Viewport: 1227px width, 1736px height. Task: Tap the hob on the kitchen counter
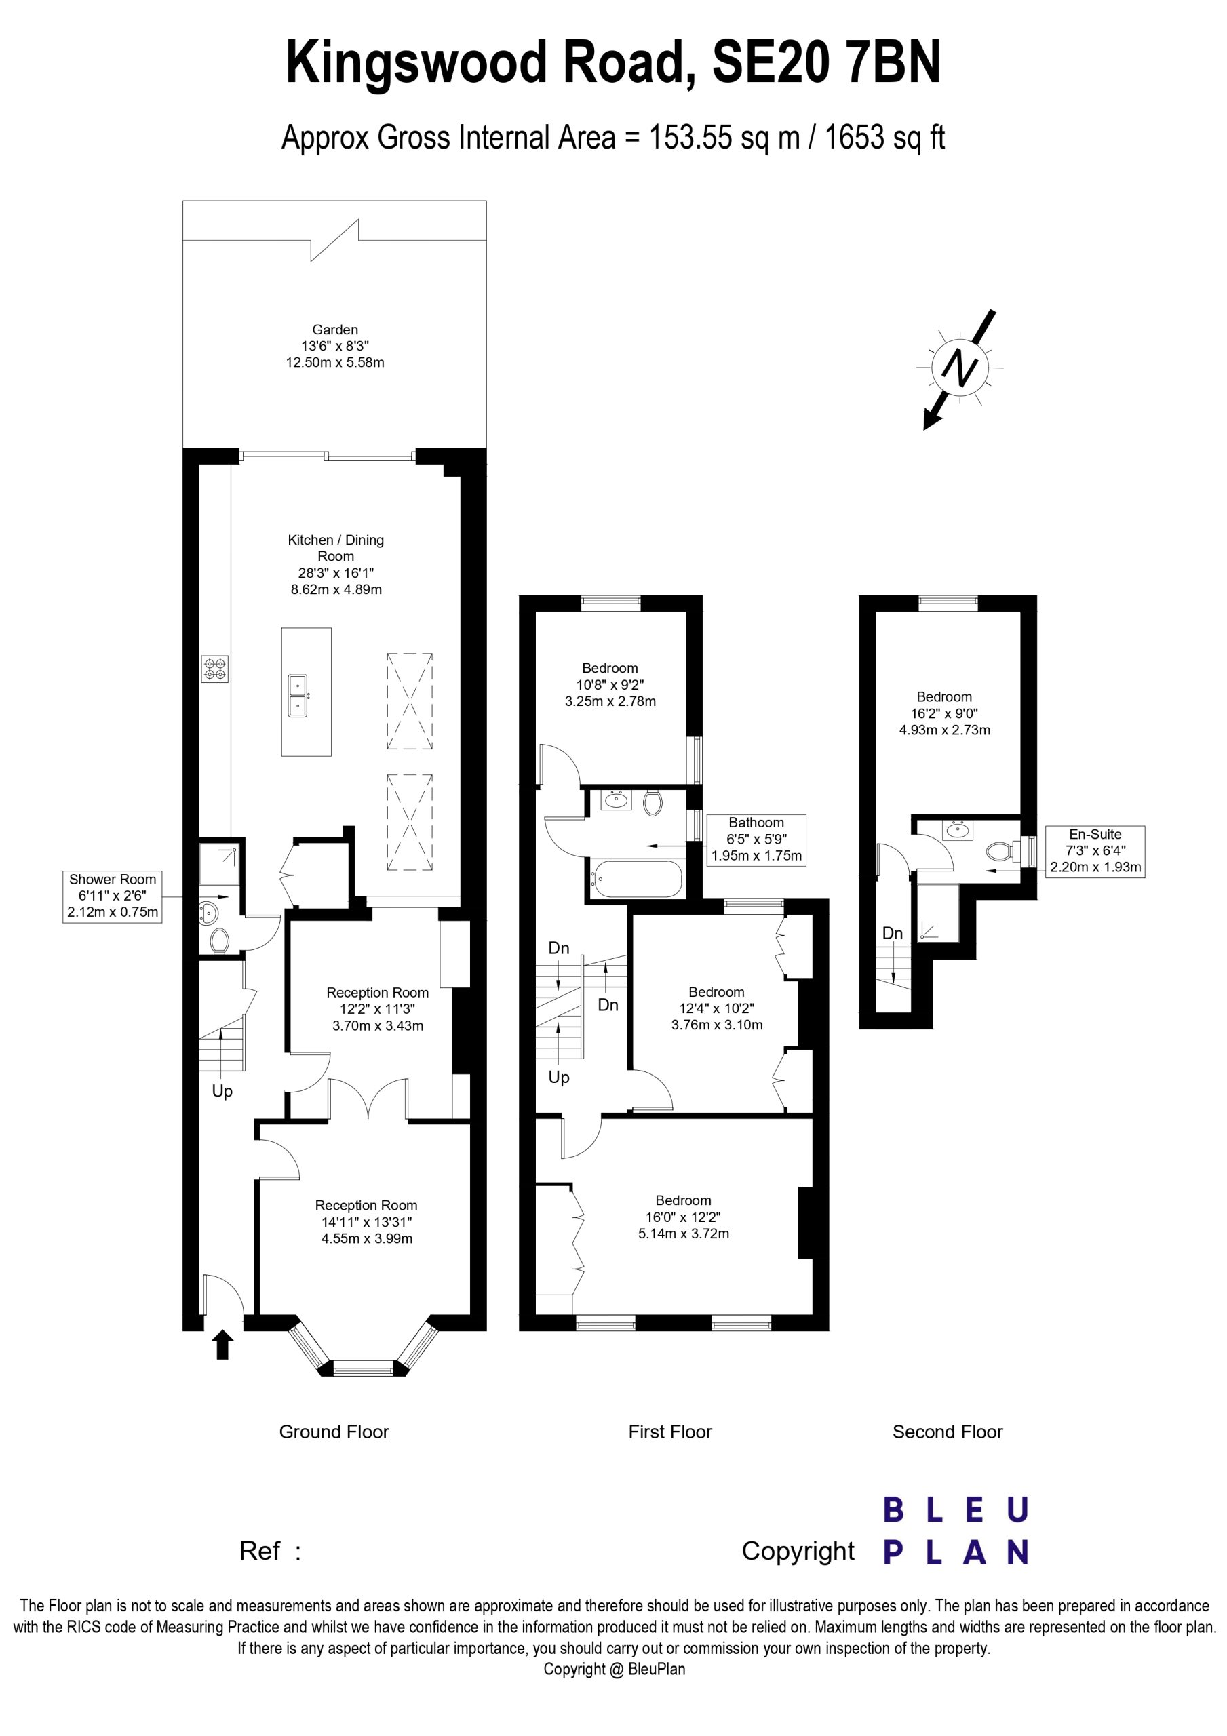coord(214,669)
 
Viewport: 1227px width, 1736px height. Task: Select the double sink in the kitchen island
coord(298,695)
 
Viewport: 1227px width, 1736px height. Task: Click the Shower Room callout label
coord(113,895)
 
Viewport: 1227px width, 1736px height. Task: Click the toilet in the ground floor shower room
coord(219,941)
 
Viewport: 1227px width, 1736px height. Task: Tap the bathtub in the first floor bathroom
coord(636,880)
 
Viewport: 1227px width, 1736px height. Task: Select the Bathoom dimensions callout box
coord(756,840)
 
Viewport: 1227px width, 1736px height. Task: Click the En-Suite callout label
coord(1095,850)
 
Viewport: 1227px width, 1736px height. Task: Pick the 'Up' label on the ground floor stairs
coord(222,1091)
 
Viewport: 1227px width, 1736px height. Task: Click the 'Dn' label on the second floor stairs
coord(892,933)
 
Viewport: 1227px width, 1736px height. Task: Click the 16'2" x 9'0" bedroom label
coord(944,713)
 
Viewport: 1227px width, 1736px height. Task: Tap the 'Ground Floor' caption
coord(334,1432)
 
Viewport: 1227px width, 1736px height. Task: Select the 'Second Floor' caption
coord(947,1432)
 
